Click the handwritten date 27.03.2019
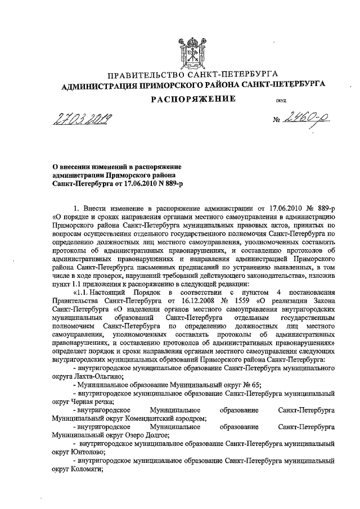click(82, 119)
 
